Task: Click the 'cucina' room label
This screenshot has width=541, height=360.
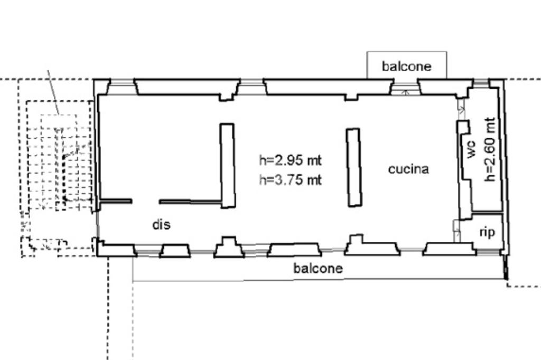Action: tap(408, 169)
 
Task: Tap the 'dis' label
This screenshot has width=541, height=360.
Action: tap(162, 224)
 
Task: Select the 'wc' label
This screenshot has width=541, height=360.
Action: tap(471, 149)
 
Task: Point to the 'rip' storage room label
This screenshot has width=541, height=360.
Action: tap(487, 232)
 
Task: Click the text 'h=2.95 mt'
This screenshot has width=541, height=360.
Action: tap(290, 160)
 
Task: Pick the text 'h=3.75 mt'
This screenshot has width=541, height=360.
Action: tap(290, 180)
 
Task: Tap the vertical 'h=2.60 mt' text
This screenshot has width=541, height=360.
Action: tap(490, 149)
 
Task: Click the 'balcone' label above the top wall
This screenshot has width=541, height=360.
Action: tap(406, 66)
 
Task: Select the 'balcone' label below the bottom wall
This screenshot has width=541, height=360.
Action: tap(318, 268)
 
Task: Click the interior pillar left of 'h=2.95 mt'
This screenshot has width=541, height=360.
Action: tap(228, 166)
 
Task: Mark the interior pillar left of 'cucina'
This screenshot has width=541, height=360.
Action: tap(354, 167)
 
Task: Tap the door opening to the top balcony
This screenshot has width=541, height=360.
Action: tap(405, 87)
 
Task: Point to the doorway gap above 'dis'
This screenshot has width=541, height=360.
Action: tap(145, 201)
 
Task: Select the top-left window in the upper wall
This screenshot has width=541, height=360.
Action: tap(122, 87)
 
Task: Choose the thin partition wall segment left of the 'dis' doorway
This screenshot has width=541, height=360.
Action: tap(116, 201)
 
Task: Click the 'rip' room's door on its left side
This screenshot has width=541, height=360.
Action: tap(456, 231)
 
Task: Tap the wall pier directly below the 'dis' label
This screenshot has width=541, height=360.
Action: tap(175, 251)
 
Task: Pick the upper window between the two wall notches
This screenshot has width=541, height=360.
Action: tap(251, 87)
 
